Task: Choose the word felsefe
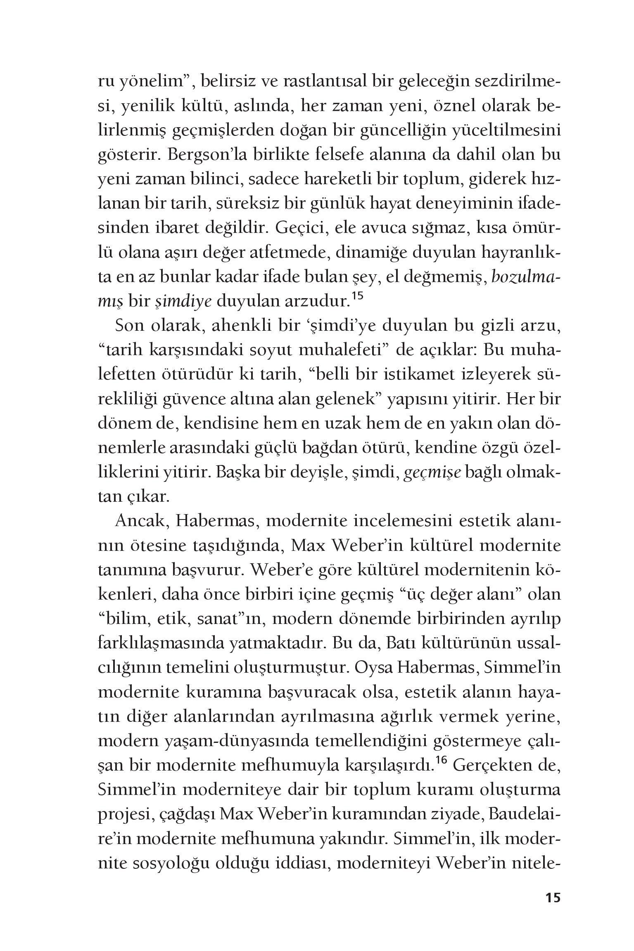coord(298,155)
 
